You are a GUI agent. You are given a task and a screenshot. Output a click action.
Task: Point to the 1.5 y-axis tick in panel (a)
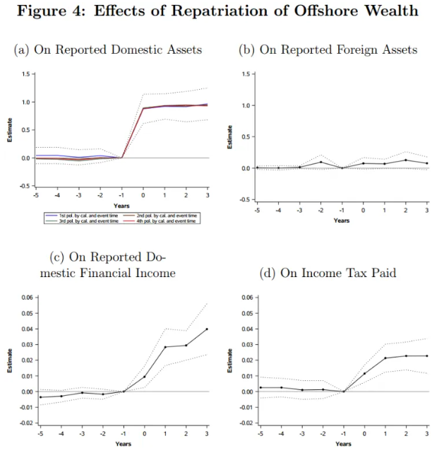point(25,74)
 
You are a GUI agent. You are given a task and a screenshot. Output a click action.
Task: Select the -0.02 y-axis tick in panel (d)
point(248,423)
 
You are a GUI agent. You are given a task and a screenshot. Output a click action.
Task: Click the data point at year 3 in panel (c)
point(207,329)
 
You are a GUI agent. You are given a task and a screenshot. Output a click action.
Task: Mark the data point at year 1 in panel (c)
point(165,347)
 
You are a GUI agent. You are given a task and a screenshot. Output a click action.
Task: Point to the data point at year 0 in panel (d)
point(364,373)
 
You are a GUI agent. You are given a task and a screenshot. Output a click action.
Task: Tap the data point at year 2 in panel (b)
point(407,160)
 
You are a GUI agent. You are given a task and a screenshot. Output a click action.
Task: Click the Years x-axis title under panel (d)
point(344,443)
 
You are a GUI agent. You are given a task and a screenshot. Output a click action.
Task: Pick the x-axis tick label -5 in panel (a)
point(36,194)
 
